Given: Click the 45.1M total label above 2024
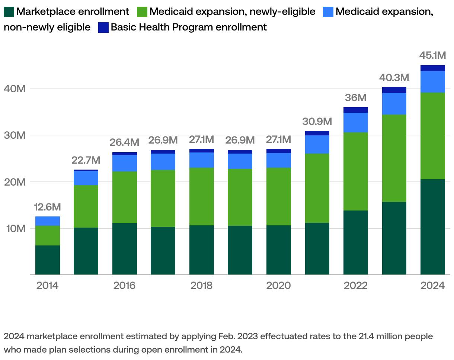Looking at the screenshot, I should click(x=432, y=56).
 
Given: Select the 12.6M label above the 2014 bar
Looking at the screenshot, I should click(x=47, y=207).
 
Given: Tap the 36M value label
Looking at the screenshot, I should click(x=355, y=98).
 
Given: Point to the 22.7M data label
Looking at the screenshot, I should click(x=86, y=160).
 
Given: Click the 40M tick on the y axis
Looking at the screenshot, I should click(x=15, y=89).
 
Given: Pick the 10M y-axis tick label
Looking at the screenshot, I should click(x=15, y=228).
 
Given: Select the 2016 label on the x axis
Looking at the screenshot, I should click(x=124, y=286).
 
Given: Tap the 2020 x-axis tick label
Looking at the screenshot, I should click(x=278, y=286).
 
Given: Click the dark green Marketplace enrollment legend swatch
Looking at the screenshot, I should click(x=9, y=12).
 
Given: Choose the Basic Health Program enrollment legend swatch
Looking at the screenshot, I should click(x=103, y=28).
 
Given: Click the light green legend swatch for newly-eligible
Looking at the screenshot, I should click(x=143, y=12).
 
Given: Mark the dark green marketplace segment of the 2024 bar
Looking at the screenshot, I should click(x=432, y=227).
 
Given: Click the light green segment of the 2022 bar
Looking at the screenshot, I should click(x=355, y=171).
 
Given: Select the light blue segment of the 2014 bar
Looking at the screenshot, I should click(x=47, y=221).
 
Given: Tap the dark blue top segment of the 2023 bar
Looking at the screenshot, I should click(x=394, y=90).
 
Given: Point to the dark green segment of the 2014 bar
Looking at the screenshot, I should click(x=47, y=260).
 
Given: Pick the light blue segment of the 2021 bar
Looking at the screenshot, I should click(x=317, y=144).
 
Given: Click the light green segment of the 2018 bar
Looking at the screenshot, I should click(x=201, y=196).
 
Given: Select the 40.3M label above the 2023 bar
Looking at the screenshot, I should click(x=394, y=78).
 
